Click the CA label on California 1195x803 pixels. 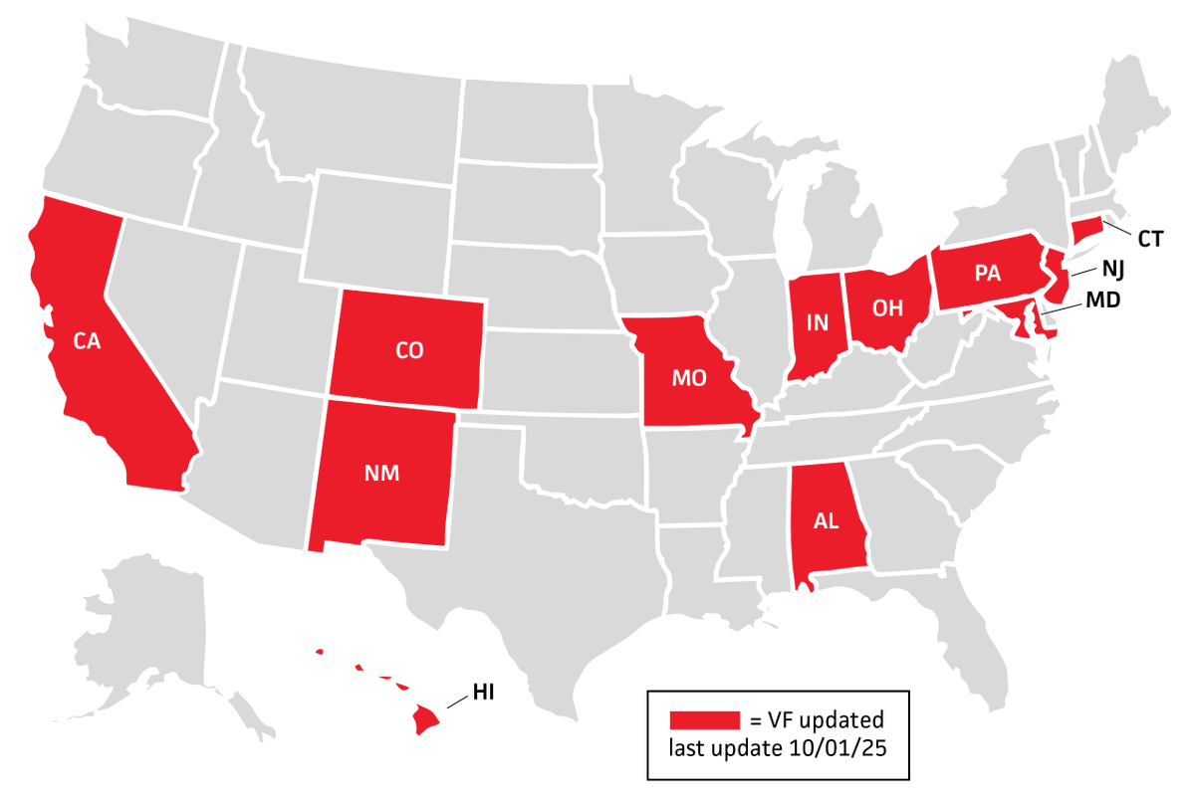click(87, 340)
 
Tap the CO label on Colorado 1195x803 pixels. click(409, 350)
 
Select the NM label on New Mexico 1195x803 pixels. click(382, 474)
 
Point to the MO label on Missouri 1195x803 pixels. click(689, 378)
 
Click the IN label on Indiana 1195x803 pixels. click(818, 322)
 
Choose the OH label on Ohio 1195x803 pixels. click(887, 308)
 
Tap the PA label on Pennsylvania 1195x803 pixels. click(987, 274)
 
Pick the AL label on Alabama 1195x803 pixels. click(827, 522)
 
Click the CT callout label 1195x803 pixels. click(1150, 239)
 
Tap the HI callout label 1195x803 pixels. click(484, 694)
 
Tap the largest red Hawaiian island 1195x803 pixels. click(426, 718)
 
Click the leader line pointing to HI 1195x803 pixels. click(458, 702)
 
